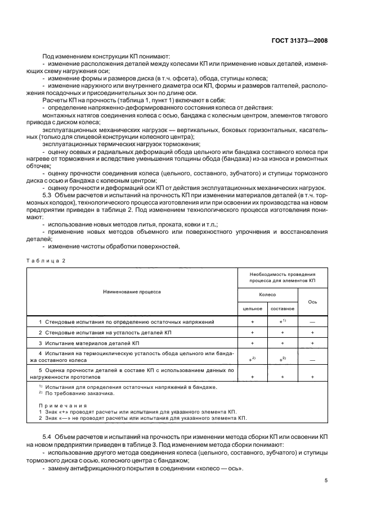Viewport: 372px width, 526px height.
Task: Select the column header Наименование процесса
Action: pos(132,292)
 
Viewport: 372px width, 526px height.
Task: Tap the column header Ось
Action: pos(312,302)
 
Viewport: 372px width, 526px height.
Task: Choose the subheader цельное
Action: pos(252,309)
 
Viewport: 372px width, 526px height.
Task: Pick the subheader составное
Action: pos(282,309)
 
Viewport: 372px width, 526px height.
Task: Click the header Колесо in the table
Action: pos(267,294)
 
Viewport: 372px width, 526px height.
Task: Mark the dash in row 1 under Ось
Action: pos(312,322)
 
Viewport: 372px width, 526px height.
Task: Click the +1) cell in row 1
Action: pos(283,322)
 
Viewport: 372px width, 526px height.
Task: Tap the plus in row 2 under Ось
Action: pos(312,332)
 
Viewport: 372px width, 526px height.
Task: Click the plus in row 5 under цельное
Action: pos(252,377)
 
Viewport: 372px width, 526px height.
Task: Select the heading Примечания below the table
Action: pos(62,405)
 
